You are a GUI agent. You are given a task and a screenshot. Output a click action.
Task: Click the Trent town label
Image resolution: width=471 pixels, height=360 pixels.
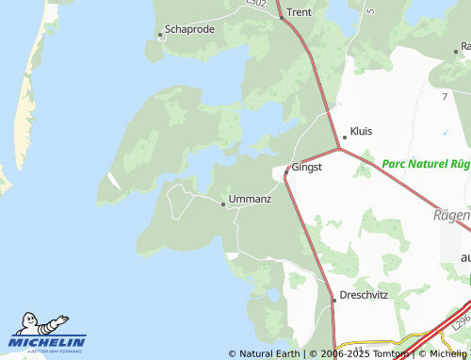coord(299,12)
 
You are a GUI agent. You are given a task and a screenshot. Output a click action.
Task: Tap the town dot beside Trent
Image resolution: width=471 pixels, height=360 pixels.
coord(282,17)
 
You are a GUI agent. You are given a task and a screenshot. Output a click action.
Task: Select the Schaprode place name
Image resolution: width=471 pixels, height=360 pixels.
coord(189,29)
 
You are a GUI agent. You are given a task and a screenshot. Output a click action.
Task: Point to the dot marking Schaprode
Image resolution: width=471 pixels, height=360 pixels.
coord(160,36)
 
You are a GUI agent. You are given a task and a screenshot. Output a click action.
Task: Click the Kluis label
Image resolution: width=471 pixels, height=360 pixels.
coord(361,131)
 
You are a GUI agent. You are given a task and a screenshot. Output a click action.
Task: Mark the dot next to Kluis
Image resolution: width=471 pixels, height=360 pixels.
coord(345,138)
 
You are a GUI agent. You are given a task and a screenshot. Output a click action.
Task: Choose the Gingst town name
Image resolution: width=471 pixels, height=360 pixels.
coord(307,167)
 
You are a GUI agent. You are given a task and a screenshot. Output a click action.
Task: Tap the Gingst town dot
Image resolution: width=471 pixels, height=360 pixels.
coord(288,170)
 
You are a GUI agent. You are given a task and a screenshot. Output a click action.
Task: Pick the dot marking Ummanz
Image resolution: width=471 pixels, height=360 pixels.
coord(223,203)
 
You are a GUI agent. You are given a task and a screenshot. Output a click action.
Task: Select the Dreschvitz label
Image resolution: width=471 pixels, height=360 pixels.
coord(364,294)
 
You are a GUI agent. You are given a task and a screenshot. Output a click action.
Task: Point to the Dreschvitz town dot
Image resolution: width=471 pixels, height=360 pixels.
coord(333,300)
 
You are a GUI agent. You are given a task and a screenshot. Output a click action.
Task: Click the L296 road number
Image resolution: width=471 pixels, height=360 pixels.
coord(460,322)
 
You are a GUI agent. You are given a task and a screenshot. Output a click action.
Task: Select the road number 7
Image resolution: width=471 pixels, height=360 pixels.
coord(444,96)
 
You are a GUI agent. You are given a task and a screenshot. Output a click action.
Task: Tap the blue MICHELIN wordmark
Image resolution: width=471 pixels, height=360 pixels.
coord(48,341)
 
